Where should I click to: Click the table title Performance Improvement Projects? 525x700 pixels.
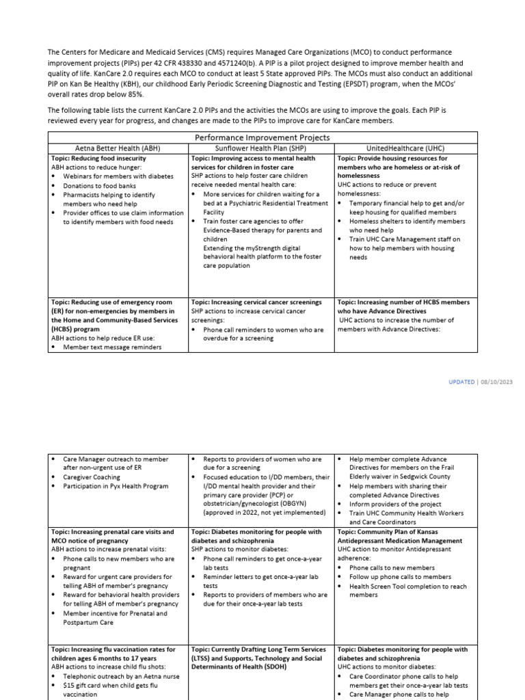(262, 137)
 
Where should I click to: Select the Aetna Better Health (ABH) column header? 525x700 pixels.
(117, 147)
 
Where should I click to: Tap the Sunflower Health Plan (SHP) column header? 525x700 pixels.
(262, 147)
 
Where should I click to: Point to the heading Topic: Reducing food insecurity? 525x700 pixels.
(98, 157)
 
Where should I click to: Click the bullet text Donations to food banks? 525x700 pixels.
(99, 185)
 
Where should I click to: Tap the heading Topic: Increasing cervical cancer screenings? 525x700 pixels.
(256, 301)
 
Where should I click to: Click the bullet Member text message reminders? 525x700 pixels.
(112, 347)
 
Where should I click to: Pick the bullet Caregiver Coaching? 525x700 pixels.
(91, 477)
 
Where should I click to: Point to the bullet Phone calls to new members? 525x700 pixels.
(392, 567)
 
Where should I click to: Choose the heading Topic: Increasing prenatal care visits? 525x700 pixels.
(112, 531)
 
